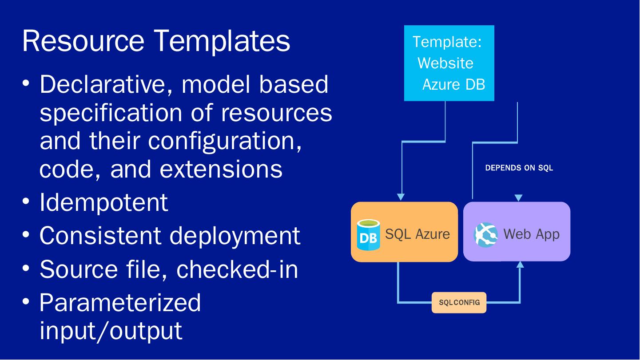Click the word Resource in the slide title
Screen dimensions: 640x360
[83, 41]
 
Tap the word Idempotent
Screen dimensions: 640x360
[104, 202]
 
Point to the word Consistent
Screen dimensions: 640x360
[100, 236]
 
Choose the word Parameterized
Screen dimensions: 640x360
[120, 303]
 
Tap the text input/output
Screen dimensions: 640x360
[111, 331]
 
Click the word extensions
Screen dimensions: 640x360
[221, 169]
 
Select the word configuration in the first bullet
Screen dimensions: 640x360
[225, 141]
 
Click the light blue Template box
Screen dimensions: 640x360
[449, 63]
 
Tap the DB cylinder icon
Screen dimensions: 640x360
[368, 235]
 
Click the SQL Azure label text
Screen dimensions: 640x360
[417, 234]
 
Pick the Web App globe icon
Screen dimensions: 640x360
[485, 235]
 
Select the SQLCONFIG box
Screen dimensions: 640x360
[459, 303]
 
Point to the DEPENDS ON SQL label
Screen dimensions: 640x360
[519, 168]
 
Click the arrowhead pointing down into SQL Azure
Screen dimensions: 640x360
[401, 197]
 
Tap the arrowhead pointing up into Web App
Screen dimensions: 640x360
[520, 265]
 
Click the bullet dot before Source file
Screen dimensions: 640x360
[26, 268]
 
